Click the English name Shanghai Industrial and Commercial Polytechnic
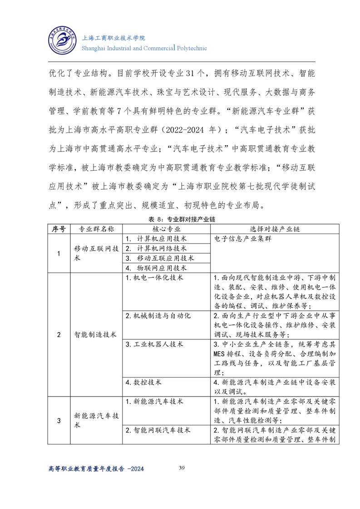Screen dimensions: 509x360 tap(143, 48)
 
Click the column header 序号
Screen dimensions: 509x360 tap(59, 229)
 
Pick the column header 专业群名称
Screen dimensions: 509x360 tap(96, 229)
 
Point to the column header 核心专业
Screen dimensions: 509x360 tap(166, 229)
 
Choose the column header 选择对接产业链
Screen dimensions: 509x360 tap(275, 229)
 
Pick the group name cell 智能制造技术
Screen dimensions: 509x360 tap(96, 335)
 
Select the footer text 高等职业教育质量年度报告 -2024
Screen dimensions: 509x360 tap(96, 470)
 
